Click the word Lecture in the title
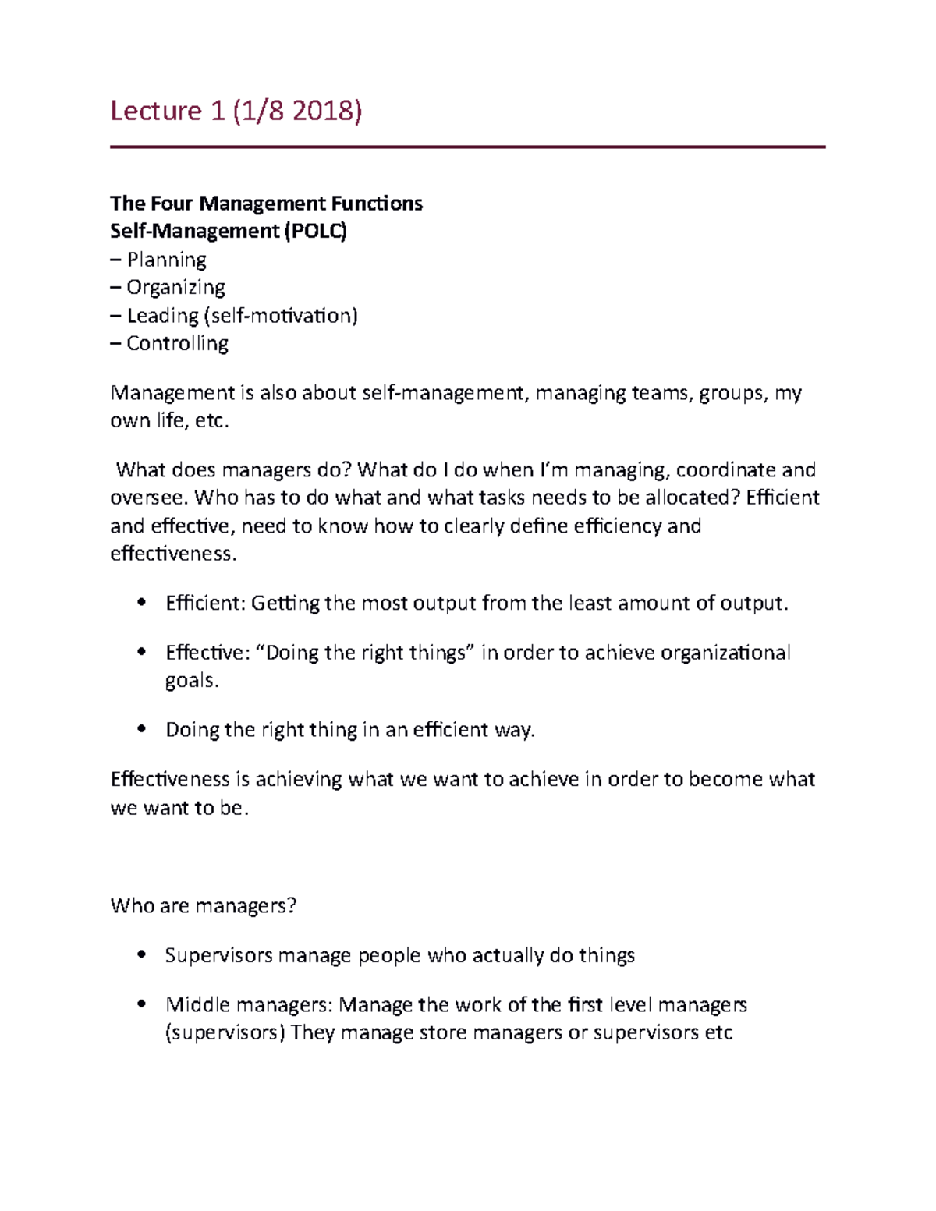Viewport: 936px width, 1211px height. point(156,111)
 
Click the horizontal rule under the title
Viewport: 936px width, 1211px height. point(467,147)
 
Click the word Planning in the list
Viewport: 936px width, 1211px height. point(166,259)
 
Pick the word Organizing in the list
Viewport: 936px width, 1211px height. point(175,287)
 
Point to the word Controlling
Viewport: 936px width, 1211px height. point(177,343)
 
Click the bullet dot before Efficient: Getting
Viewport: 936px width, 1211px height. point(141,602)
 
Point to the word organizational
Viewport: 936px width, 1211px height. point(725,652)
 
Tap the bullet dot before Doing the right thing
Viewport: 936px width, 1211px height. point(141,729)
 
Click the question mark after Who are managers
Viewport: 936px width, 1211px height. point(292,905)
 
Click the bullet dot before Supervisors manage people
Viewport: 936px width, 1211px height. point(141,954)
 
